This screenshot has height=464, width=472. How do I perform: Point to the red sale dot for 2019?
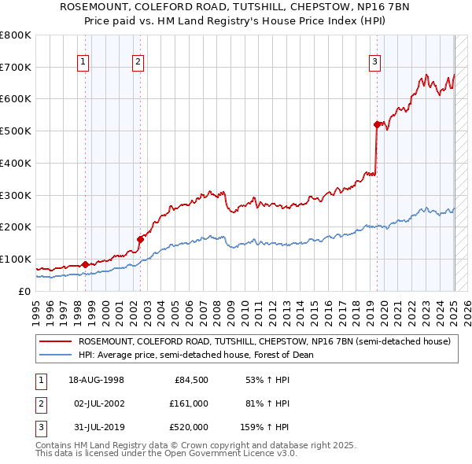(377, 124)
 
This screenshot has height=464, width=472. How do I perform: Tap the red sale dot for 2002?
(139, 239)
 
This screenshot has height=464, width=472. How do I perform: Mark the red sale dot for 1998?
(84, 264)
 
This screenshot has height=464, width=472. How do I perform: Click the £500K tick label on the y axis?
(16, 131)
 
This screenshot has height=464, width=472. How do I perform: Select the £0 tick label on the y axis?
(24, 291)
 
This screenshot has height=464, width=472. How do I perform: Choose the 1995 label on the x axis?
(36, 310)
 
